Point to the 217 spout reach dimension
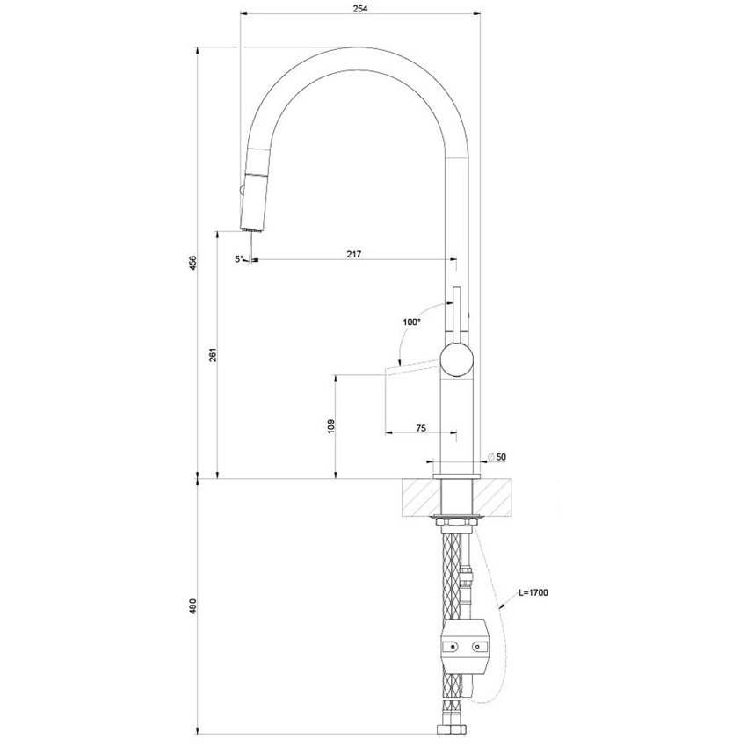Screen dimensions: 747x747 pos(354,254)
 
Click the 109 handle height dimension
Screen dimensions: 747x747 pos(330,426)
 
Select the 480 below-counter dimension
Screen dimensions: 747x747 pos(192,606)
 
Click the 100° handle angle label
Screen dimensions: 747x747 pos(411,323)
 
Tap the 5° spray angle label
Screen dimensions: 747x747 pos(238,259)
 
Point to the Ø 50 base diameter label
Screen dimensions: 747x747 pos(497,457)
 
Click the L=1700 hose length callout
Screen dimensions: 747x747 pos(533,593)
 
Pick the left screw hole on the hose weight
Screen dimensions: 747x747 pos(452,648)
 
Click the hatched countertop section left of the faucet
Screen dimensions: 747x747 pos(417,496)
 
